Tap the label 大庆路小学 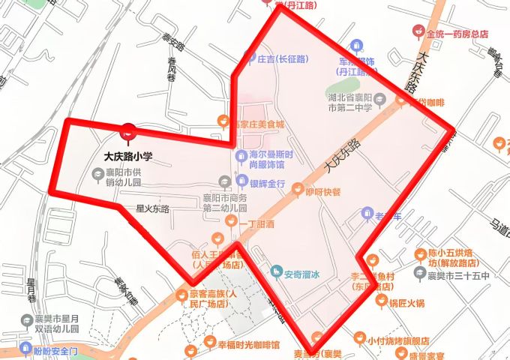click(128, 157)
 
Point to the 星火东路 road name click(152, 208)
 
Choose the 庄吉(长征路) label click(281, 58)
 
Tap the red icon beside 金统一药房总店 click(418, 34)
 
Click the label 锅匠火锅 click(406, 303)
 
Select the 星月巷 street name click(31, 289)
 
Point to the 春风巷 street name click(172, 69)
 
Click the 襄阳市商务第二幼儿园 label click(225, 202)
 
